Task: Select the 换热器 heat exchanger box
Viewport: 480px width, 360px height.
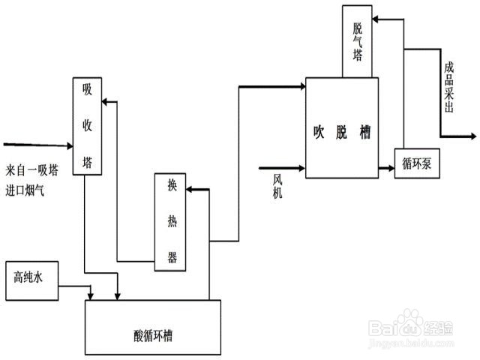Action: [x=171, y=222]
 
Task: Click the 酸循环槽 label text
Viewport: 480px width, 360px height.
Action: [x=153, y=331]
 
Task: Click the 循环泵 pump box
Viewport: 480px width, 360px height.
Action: [x=416, y=163]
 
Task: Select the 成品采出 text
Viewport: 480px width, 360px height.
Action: [x=448, y=87]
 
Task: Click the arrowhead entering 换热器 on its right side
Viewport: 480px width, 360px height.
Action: [x=190, y=190]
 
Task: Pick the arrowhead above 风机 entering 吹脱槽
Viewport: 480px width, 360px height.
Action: [x=301, y=167]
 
